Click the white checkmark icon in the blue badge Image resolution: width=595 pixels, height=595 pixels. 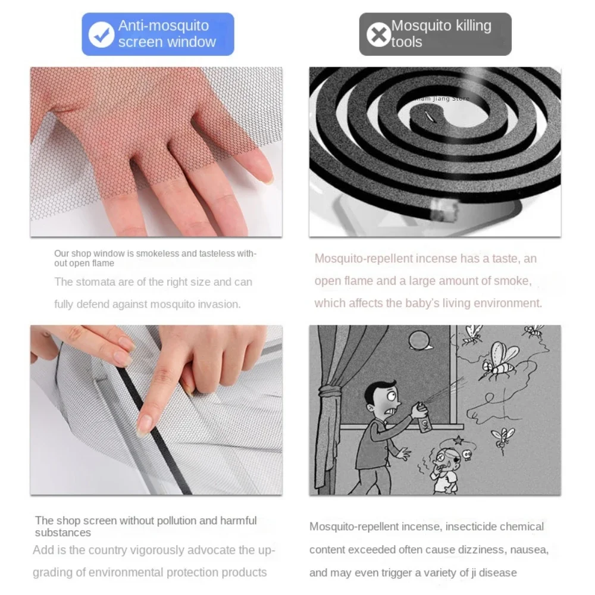pyautogui.click(x=102, y=35)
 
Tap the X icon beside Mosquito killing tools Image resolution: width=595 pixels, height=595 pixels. pyautogui.click(x=378, y=35)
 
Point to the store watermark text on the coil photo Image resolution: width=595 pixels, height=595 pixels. pyautogui.click(x=444, y=99)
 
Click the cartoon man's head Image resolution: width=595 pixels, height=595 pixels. pyautogui.click(x=379, y=396)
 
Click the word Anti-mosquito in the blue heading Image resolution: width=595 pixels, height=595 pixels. pyautogui.click(x=164, y=26)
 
